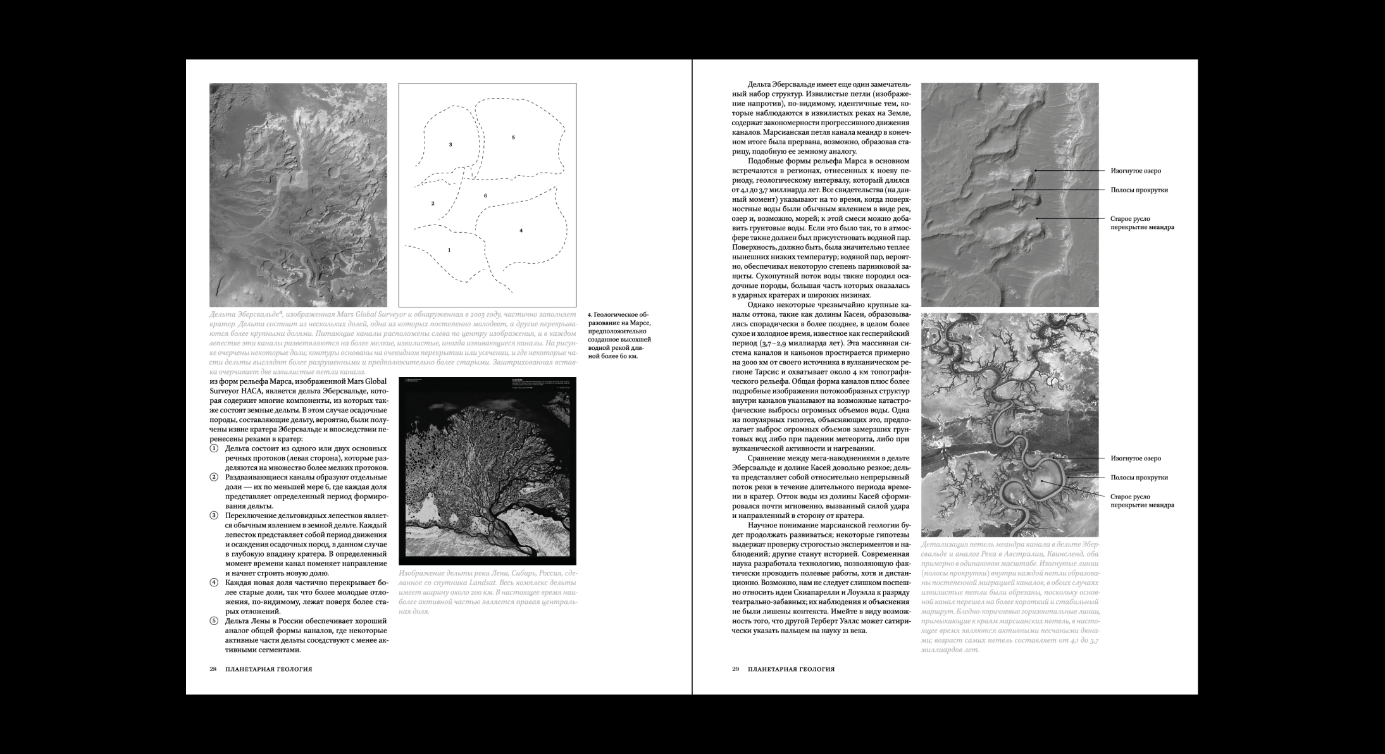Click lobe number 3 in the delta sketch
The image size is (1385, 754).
450,145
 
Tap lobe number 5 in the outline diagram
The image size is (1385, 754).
513,137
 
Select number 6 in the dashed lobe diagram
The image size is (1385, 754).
485,196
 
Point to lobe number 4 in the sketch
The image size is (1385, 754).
521,230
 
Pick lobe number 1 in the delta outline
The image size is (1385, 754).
449,250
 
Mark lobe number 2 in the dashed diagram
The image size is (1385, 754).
433,204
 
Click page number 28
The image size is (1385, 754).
213,669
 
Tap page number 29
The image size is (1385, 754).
736,669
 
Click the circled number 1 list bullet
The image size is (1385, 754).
214,448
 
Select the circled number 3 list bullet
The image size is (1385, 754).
214,516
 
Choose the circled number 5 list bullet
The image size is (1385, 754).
214,621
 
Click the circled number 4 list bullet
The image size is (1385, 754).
214,582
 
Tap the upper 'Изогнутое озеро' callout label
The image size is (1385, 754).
1136,171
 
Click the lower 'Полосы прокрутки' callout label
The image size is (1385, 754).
1139,478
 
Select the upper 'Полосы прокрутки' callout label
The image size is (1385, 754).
1139,190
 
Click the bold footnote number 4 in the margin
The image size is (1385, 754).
590,314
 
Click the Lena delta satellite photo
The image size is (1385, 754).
487,471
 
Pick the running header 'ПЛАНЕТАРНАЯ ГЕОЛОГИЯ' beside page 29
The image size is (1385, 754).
791,669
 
